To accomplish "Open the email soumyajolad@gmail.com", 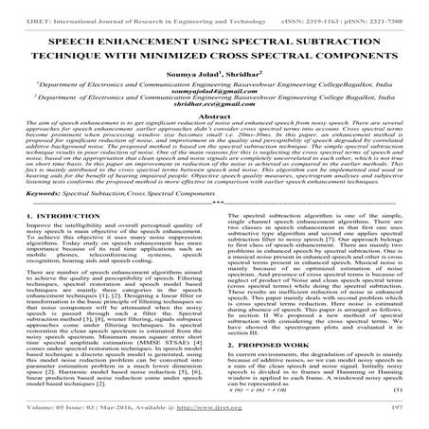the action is pos(214,99).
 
